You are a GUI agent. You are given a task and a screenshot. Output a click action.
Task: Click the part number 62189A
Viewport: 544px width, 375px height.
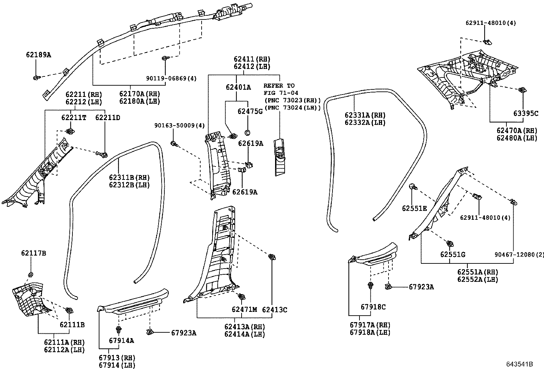click(x=38, y=55)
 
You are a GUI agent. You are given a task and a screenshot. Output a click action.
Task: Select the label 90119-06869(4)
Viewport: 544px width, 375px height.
click(x=172, y=78)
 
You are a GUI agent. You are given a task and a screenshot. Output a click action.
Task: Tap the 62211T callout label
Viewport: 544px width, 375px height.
click(x=74, y=118)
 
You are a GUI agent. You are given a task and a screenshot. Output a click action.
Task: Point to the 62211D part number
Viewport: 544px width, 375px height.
click(x=108, y=118)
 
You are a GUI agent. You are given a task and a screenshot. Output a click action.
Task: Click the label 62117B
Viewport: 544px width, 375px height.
click(x=33, y=253)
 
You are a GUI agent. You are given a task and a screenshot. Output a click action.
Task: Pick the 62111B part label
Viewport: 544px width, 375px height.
click(x=72, y=324)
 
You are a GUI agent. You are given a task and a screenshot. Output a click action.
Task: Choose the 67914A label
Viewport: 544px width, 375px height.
click(x=121, y=340)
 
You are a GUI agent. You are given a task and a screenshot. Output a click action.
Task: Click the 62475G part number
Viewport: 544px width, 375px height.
click(x=250, y=111)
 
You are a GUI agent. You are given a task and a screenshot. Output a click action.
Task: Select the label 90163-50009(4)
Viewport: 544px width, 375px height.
click(x=179, y=126)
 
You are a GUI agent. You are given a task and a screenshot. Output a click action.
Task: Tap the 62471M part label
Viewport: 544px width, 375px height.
click(x=244, y=309)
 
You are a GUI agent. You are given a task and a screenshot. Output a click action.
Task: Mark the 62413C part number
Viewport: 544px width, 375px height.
click(x=275, y=309)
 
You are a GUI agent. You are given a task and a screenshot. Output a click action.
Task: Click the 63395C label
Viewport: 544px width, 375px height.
click(x=526, y=113)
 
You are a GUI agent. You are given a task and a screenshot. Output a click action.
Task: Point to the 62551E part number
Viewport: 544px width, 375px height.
click(x=414, y=208)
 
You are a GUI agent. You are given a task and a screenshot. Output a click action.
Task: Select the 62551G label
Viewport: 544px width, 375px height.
click(x=453, y=255)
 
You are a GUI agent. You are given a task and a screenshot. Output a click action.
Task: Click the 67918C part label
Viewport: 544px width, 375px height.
click(x=373, y=307)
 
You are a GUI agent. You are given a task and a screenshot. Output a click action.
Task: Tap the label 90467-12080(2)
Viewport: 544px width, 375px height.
click(x=519, y=255)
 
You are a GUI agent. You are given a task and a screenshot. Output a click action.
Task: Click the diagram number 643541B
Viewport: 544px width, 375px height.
click(x=519, y=364)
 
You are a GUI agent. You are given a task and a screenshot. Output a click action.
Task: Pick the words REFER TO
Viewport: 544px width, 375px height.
click(x=279, y=86)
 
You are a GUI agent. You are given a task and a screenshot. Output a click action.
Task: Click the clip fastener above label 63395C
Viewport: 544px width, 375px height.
click(x=522, y=90)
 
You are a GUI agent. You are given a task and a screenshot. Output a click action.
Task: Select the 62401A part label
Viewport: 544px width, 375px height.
click(x=238, y=87)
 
